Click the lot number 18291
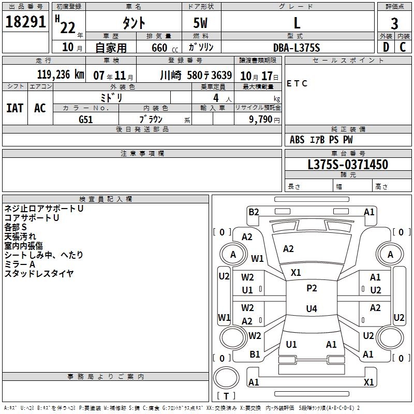pos(26,22)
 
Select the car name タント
pos(134,23)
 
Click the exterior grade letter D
pos(386,47)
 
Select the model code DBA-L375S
pos(297,48)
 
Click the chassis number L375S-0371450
pos(348,165)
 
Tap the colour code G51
pos(86,119)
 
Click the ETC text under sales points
pos(297,83)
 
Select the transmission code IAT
pos(14,108)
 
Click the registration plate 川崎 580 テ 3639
pos(196,75)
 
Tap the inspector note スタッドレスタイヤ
pos(39,274)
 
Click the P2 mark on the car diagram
pos(312,288)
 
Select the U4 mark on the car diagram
pos(311,309)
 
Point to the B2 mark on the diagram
pos(254,212)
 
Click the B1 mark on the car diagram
pos(255,354)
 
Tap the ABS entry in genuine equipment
pos(297,140)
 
